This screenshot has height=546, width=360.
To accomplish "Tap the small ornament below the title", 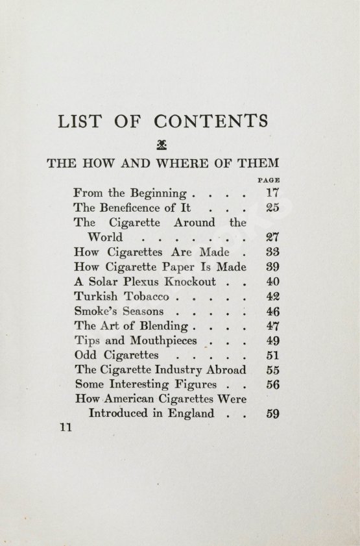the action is coord(161,145).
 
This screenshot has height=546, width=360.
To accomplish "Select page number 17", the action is coord(272,193).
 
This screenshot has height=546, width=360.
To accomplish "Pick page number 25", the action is coord(272,208).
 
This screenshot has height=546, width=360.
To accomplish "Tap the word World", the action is coord(105,238).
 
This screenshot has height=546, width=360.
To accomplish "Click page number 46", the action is coord(272,312).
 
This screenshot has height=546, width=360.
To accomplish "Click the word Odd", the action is coord(86,356).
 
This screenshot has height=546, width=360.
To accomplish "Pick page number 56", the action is coord(272,384).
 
